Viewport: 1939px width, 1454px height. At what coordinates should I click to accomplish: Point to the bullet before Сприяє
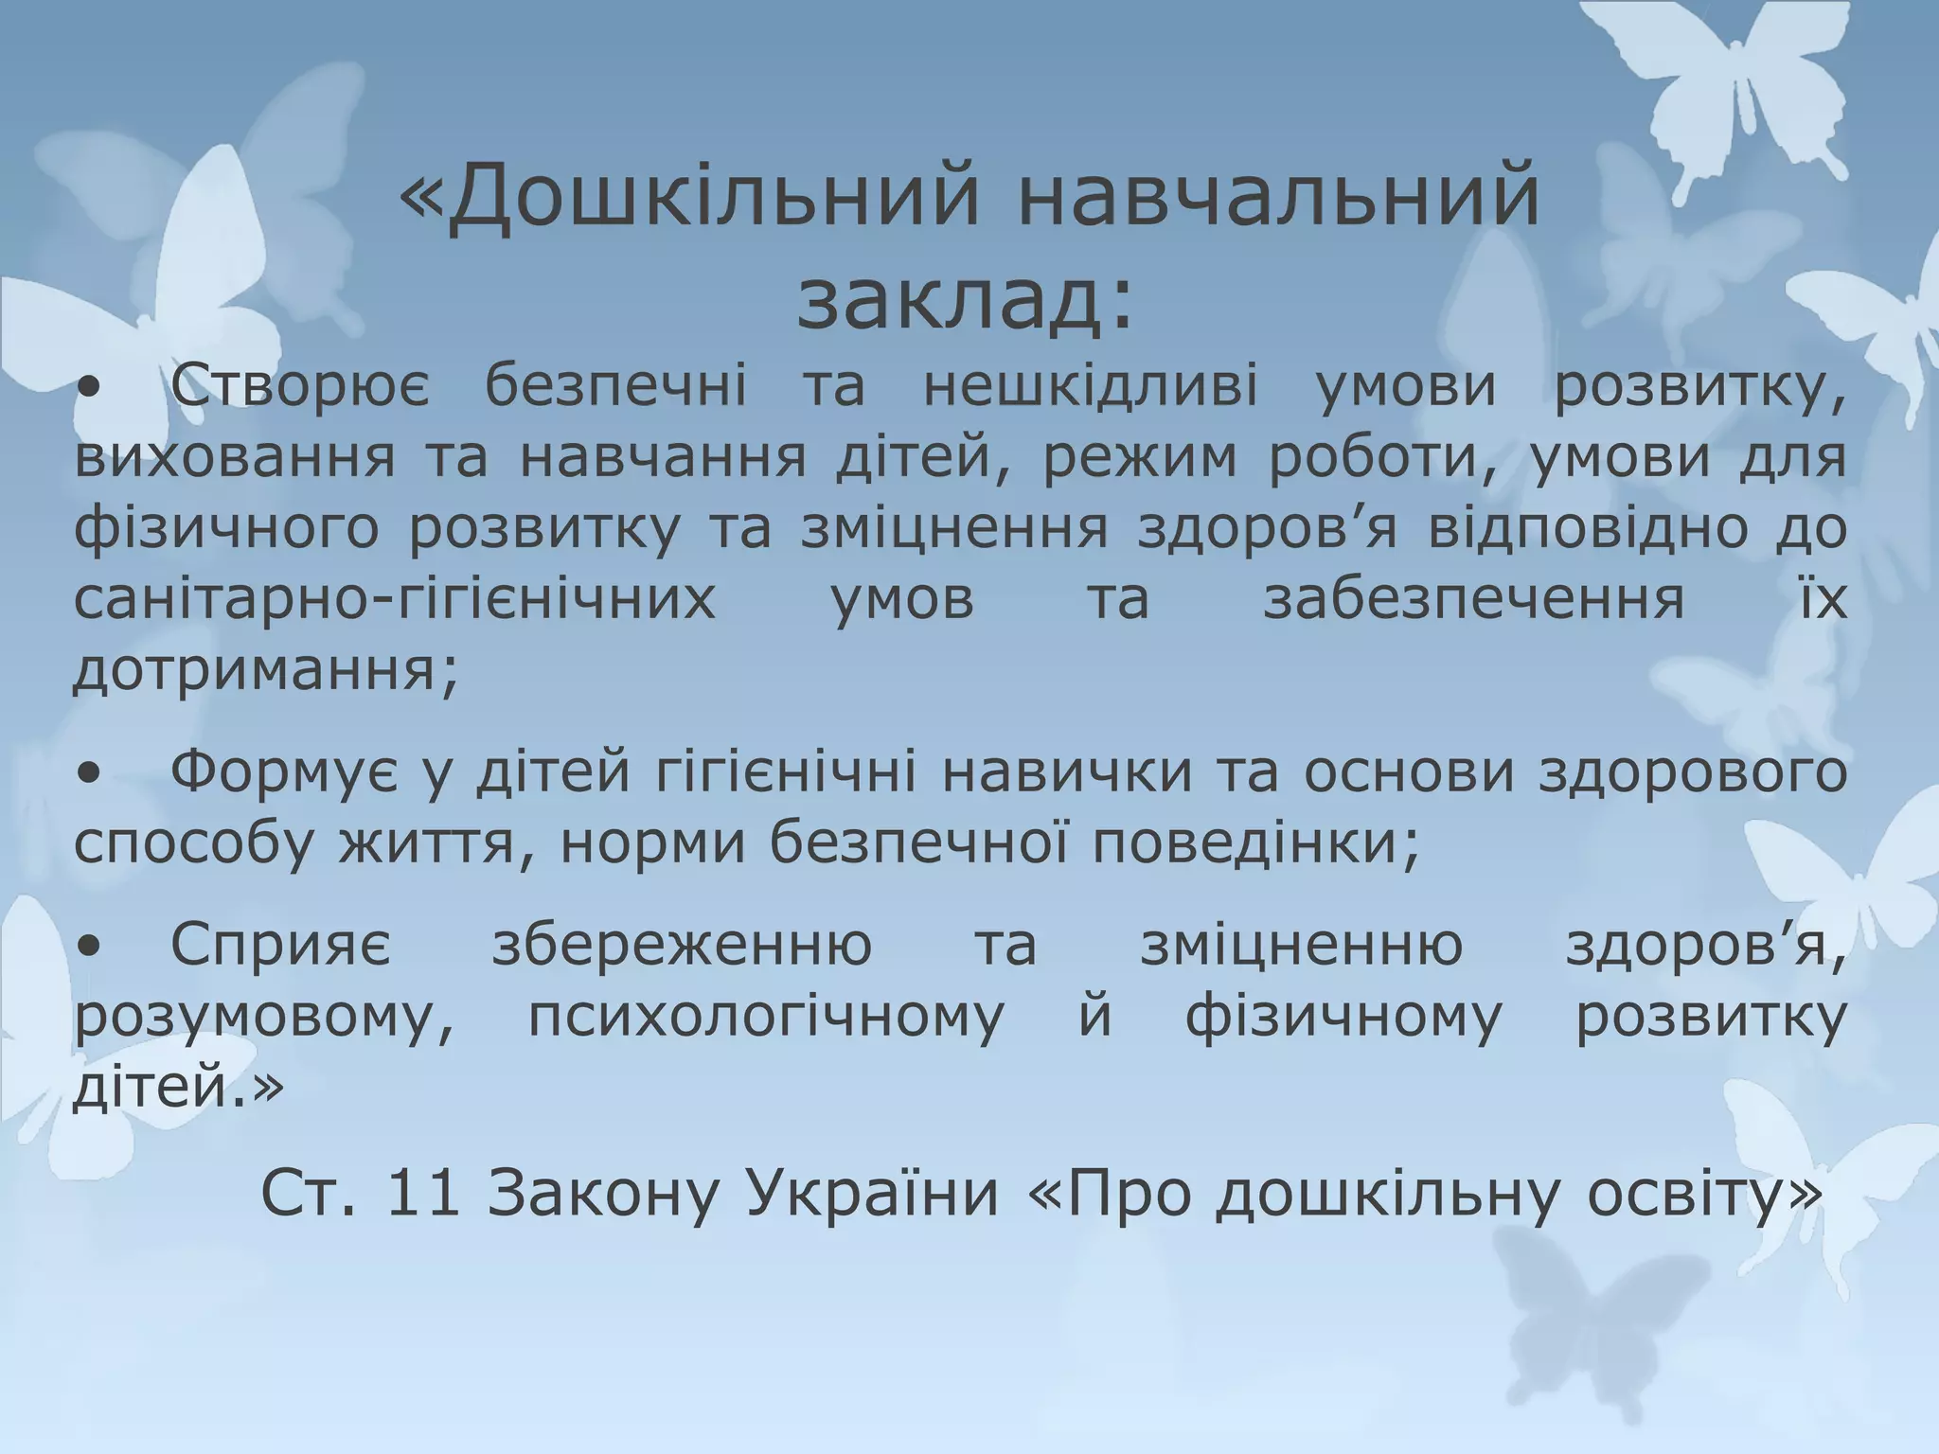89,946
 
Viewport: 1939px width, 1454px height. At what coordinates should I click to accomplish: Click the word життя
436,843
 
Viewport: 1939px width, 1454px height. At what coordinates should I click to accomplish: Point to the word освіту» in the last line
1703,1194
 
